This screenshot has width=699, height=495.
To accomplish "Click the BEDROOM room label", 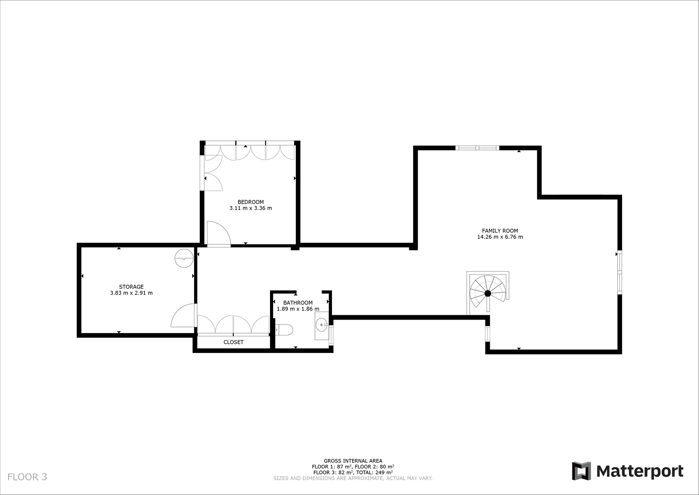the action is tap(251, 202).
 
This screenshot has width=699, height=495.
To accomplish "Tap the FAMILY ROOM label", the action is tap(500, 231).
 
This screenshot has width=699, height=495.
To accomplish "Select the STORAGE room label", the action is tap(131, 287).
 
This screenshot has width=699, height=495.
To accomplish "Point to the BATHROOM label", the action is tap(298, 303).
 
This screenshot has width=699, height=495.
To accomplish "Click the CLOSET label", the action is tap(233, 342).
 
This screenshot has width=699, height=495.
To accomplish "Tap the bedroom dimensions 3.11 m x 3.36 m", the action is tap(251, 208).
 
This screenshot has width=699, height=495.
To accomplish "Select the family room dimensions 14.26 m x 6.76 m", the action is tap(500, 237).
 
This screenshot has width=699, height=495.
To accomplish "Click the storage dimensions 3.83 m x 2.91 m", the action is tap(131, 293).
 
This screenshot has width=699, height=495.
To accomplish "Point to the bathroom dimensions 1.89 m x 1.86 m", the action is tap(298, 309).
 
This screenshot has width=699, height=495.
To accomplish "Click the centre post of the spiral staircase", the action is tap(488, 293).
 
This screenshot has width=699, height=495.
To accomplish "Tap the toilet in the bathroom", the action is tap(284, 329).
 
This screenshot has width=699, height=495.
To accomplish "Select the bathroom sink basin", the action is tap(322, 325).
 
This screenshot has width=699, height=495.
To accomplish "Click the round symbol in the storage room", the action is tap(184, 258).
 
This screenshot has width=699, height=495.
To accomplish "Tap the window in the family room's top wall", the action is tap(477, 148).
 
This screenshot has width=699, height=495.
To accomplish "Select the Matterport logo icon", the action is tap(581, 471).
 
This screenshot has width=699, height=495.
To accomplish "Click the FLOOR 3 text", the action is tap(27, 477).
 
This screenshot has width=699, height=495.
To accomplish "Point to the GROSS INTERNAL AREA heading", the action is tap(353, 460).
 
